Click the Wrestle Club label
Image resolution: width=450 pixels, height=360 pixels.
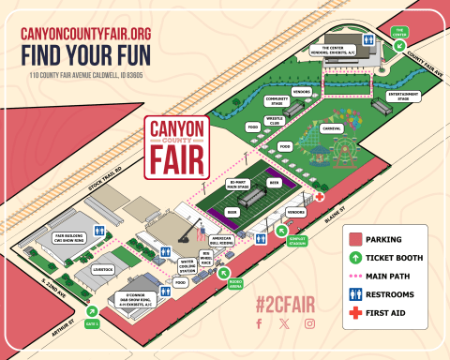(275, 119)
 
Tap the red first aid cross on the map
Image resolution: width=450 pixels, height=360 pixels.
(320, 198)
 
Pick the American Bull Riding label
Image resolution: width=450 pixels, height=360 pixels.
(222, 240)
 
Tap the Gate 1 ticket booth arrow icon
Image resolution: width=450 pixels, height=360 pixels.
(92, 312)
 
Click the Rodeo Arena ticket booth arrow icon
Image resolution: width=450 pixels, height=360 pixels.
(224, 275)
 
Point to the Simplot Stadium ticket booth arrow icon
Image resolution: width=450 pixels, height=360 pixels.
(282, 230)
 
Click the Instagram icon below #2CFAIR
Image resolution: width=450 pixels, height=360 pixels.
(309, 324)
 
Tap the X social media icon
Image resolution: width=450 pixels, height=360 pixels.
(284, 324)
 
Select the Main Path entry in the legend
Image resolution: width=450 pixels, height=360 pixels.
(385, 275)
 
